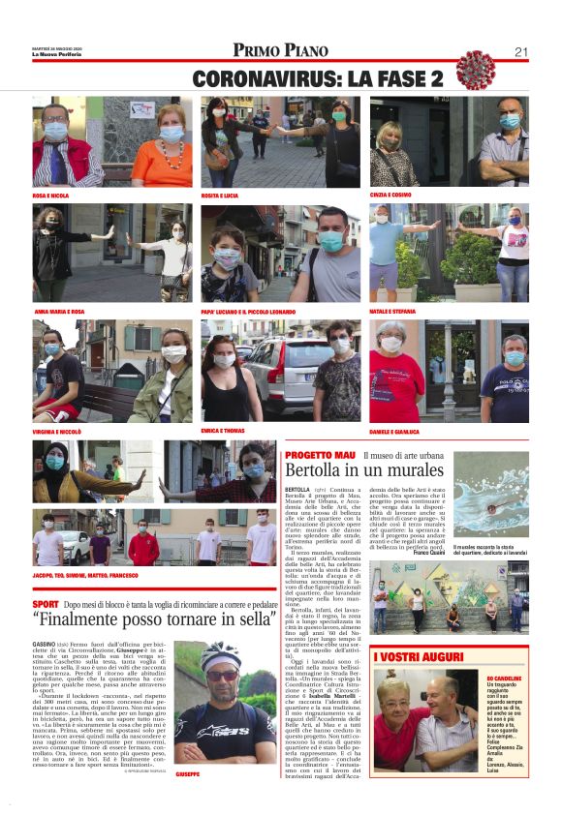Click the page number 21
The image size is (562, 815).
tap(520, 52)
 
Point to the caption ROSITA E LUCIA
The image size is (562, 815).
tap(220, 196)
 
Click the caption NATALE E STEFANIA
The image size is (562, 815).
tap(392, 312)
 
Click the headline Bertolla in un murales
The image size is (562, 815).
tap(364, 470)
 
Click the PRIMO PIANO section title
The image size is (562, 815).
tap(280, 50)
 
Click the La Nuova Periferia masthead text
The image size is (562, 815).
tap(55, 54)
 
